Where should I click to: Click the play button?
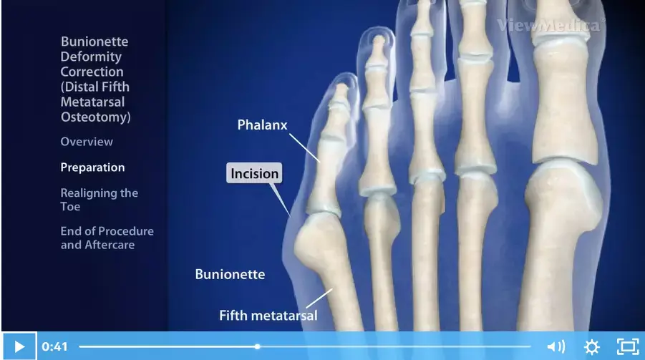19,346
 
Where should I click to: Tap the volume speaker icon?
556,347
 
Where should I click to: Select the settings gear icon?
592,347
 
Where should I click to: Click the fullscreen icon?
628,346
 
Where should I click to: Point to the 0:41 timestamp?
54,347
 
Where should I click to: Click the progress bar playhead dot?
257,347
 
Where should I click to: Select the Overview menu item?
87,142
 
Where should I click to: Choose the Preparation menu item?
92,167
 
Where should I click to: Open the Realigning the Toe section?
99,200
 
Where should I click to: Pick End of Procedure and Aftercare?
107,238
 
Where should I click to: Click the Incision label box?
254,173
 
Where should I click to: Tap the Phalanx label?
262,125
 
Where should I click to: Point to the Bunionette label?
230,274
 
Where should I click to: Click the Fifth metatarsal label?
268,316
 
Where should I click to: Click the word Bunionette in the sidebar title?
94,42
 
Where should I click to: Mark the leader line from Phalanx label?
304,147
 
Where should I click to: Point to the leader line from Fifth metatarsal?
319,298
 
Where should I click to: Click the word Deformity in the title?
91,57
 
